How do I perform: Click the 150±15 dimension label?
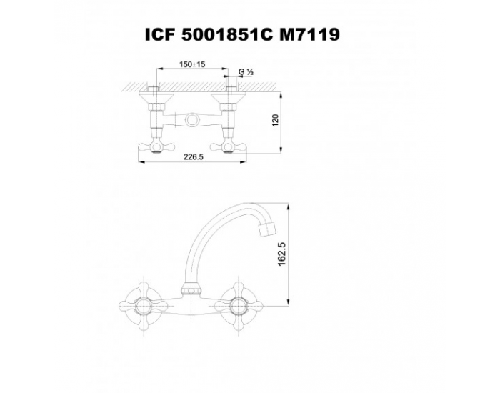pyautogui.click(x=191, y=65)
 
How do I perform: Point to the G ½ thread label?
pyautogui.click(x=246, y=73)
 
